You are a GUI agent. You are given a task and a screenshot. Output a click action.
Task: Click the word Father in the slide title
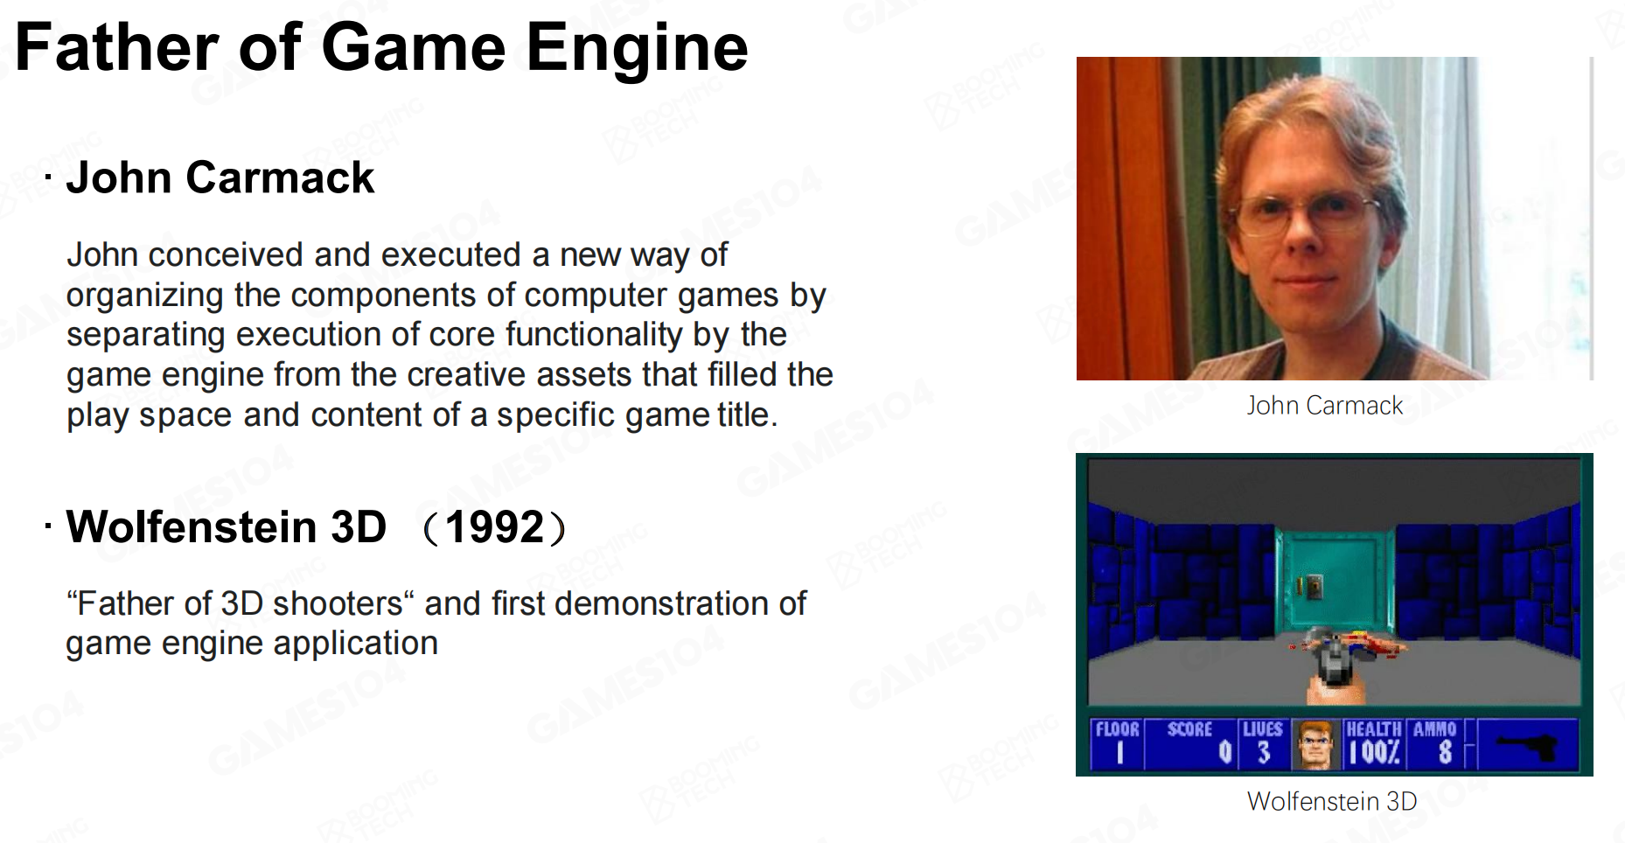click(116, 47)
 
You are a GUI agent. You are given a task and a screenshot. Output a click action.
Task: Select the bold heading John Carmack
click(220, 178)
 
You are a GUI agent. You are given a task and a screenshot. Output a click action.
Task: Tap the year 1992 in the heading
click(495, 527)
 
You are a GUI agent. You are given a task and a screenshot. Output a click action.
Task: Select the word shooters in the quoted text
click(338, 603)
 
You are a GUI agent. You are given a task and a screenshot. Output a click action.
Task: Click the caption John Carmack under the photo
click(1324, 406)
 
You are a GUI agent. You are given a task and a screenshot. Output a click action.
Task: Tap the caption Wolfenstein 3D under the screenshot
click(1332, 801)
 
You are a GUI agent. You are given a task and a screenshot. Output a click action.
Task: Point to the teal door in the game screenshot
click(1334, 582)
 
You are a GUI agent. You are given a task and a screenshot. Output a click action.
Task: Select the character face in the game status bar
click(1315, 746)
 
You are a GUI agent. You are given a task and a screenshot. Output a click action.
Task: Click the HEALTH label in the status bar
click(1373, 729)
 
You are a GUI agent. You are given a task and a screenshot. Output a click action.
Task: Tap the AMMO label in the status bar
click(1434, 729)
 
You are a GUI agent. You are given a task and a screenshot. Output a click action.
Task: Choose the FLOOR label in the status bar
click(1118, 729)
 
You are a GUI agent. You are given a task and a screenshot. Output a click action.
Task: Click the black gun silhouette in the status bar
click(1528, 747)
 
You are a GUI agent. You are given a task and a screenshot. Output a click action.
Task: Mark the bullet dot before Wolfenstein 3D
click(48, 526)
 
